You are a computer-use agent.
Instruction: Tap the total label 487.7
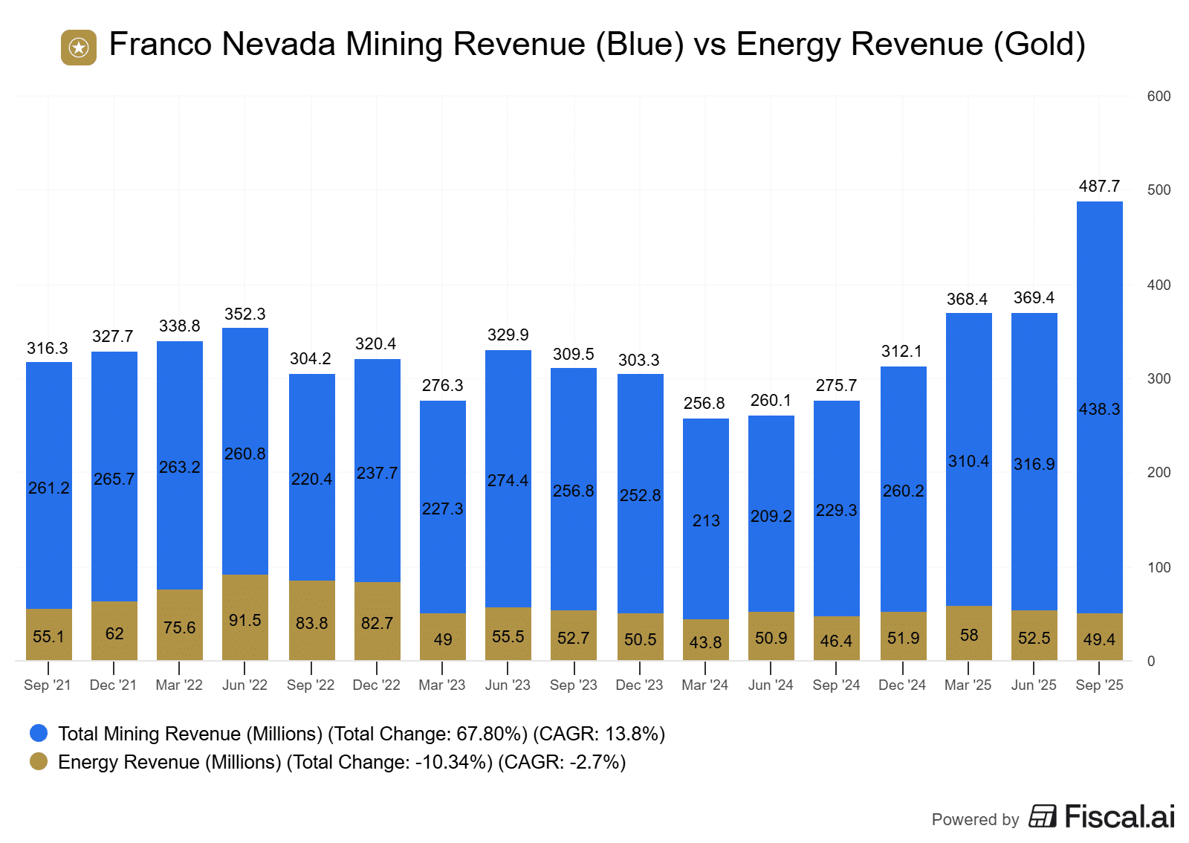(1099, 187)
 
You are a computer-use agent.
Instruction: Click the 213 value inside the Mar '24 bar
(706, 520)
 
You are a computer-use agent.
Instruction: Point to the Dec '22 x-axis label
(376, 685)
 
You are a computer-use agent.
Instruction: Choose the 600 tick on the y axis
(1159, 96)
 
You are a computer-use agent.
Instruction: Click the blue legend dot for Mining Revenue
(39, 734)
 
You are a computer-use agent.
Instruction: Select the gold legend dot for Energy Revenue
(39, 762)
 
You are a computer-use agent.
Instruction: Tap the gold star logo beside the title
(79, 48)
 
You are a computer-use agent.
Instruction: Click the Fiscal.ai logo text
(1119, 817)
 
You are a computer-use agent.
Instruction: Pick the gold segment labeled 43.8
(706, 640)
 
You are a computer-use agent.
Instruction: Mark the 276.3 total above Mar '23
(442, 385)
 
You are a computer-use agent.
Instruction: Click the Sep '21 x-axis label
(48, 685)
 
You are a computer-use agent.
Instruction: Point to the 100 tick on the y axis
(1159, 567)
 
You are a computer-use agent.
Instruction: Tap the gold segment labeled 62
(114, 631)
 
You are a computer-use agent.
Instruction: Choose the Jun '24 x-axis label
(771, 685)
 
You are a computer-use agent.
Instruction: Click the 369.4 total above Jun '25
(1034, 298)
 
